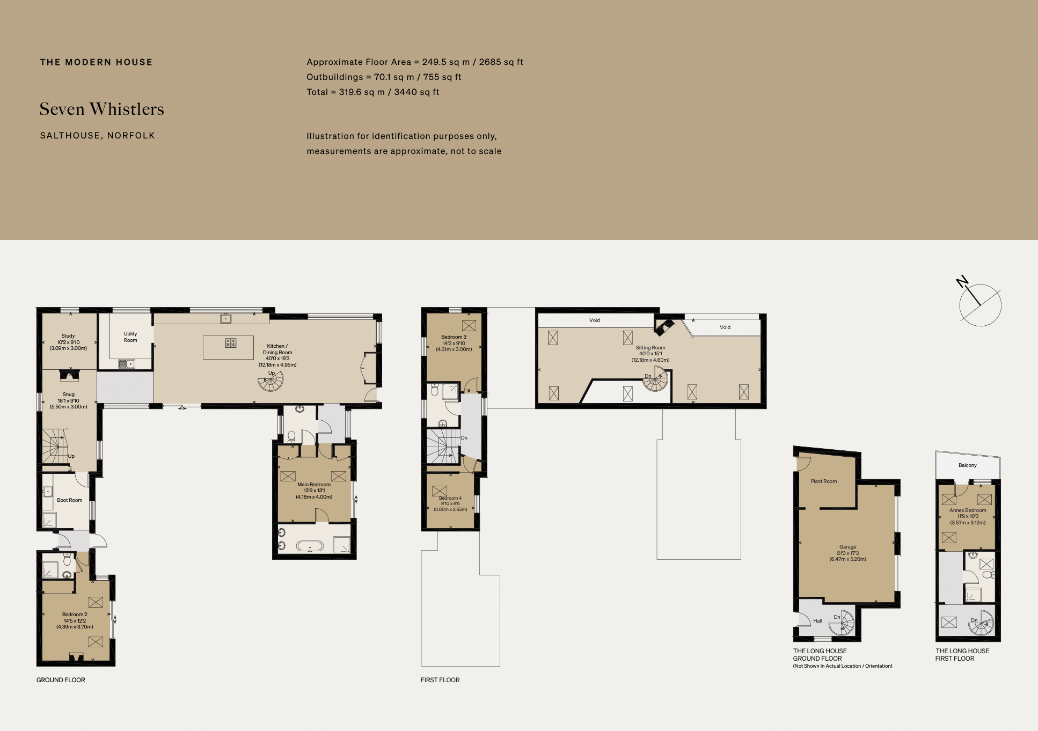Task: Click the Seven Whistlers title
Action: coord(101,109)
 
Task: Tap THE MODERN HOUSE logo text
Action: coord(96,62)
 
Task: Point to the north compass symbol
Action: coord(979,304)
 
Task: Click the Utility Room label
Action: coord(130,337)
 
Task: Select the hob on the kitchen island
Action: coord(231,343)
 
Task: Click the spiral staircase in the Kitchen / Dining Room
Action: coord(271,382)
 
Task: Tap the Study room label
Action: coord(68,342)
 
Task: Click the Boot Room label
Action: coord(70,500)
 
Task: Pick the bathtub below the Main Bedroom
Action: coord(310,546)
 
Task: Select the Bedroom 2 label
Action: coord(75,620)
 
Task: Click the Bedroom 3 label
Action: coord(454,343)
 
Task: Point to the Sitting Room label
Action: coord(650,354)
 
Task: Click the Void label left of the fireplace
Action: coord(595,320)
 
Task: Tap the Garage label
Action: coord(847,553)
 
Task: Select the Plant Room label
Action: coord(823,481)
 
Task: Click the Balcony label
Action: coord(967,465)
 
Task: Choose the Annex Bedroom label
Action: coord(967,516)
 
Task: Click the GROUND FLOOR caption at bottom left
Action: coord(61,680)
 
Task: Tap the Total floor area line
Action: coord(372,92)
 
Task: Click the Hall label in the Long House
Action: coord(817,621)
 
